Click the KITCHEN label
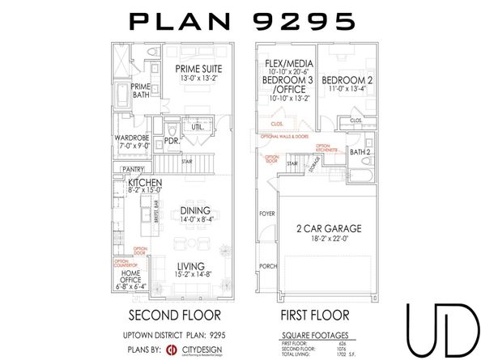click(145, 183)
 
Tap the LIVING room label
click(192, 265)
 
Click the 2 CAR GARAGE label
click(328, 229)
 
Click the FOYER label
click(266, 214)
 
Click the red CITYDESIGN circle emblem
click(172, 349)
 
